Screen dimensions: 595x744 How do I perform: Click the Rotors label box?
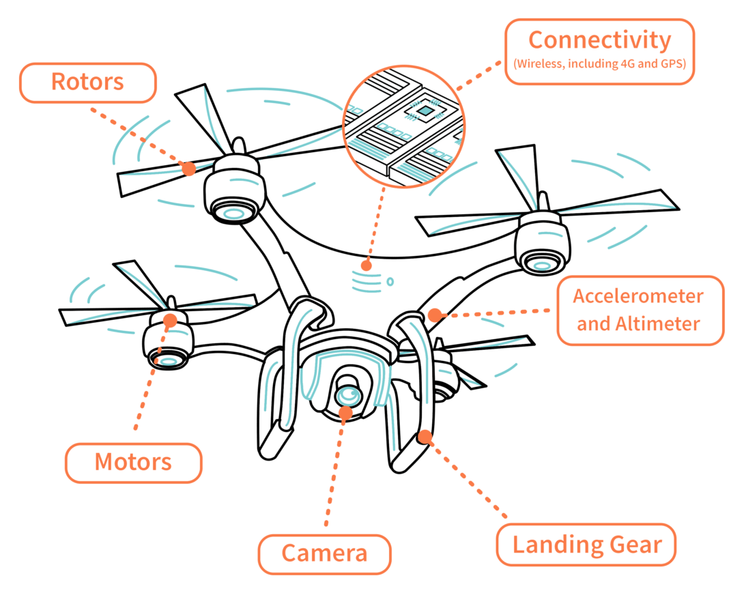[88, 83]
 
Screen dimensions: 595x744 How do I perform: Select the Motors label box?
[133, 463]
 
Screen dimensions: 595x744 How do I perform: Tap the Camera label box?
[324, 553]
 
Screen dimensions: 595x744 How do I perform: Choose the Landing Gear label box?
[586, 545]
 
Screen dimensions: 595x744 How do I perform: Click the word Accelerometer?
[638, 297]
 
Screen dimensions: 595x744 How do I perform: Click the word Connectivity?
[599, 41]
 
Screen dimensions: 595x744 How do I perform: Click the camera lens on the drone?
[349, 394]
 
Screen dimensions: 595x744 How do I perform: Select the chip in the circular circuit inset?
[425, 110]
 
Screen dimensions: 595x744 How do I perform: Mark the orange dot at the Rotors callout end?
[189, 166]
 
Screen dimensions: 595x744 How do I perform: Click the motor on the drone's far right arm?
[542, 245]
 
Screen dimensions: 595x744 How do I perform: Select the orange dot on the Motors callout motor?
[170, 319]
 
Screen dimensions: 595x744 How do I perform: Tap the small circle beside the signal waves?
[390, 280]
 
